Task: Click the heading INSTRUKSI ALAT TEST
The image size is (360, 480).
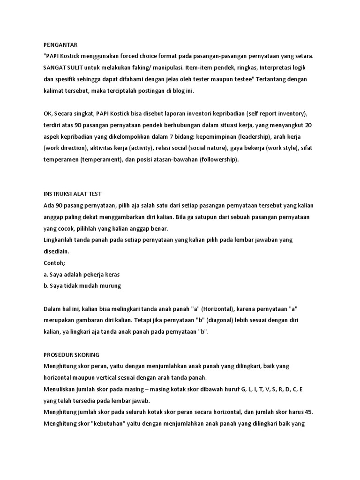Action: (72, 194)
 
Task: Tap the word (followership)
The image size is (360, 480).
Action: (217, 160)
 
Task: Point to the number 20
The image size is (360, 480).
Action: (308, 125)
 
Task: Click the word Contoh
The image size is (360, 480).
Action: (54, 262)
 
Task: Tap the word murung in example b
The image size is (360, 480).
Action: (111, 285)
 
